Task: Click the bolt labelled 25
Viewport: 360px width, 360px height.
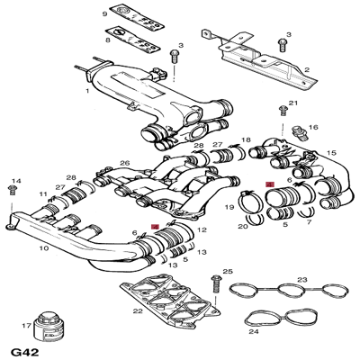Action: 215,283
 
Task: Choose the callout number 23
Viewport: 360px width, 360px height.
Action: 301,280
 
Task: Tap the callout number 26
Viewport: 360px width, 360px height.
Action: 125,163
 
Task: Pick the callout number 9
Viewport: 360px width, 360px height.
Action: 103,15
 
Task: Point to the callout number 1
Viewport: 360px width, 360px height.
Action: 86,91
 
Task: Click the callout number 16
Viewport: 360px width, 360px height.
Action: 314,128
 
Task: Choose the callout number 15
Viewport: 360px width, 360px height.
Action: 331,152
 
